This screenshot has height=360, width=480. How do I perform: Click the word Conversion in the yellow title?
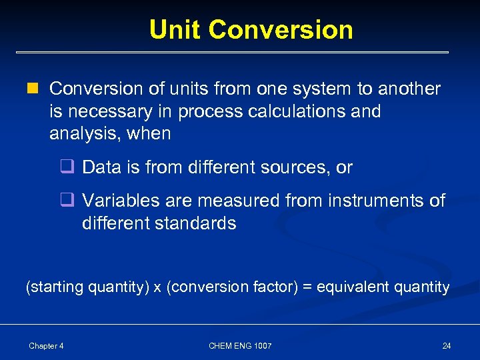(x=280, y=30)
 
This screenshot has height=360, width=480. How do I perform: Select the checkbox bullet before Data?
(x=67, y=168)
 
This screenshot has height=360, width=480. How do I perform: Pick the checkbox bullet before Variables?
(x=67, y=201)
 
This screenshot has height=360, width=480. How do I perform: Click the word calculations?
(x=297, y=111)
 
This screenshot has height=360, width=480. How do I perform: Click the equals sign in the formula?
(x=307, y=287)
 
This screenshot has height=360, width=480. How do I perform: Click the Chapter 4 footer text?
(x=46, y=345)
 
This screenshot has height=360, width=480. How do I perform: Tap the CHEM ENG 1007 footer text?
(x=240, y=345)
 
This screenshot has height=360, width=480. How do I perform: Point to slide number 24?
(x=446, y=345)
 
